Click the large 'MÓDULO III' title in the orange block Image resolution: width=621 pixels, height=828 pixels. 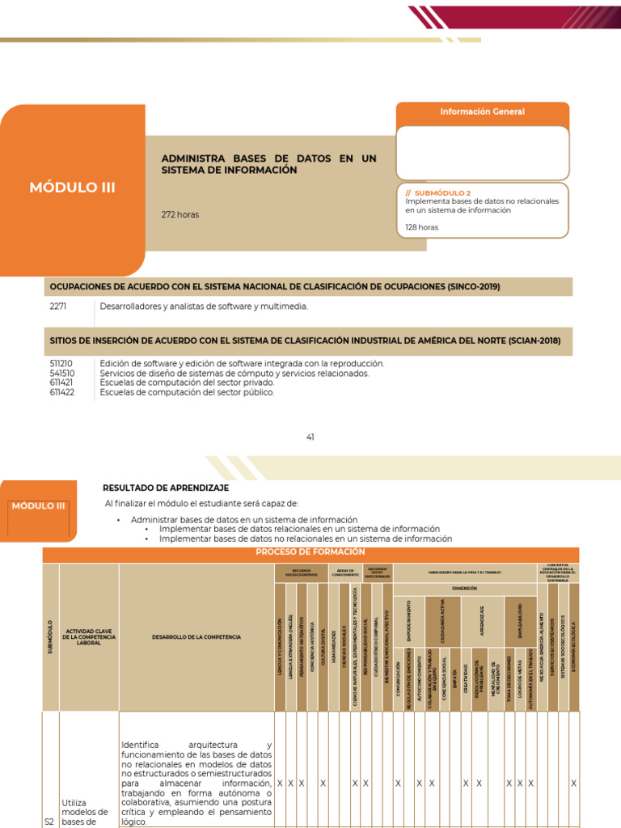(72, 188)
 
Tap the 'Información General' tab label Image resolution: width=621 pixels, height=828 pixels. (482, 112)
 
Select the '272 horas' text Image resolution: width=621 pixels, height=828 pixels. (180, 214)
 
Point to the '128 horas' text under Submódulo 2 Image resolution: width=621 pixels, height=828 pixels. (422, 227)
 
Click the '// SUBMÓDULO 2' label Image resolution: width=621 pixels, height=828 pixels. (437, 193)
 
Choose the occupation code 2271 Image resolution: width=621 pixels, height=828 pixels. (58, 306)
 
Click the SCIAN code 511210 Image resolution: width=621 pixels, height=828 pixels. (61, 364)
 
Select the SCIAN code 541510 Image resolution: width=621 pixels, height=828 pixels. (61, 374)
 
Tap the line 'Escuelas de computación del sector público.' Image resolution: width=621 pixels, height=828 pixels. (187, 392)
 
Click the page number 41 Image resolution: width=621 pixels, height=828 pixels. (310, 437)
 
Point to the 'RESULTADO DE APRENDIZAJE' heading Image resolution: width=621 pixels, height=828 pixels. (166, 488)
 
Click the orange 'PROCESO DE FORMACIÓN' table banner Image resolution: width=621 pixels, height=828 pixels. (310, 551)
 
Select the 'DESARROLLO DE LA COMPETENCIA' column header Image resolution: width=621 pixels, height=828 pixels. (196, 637)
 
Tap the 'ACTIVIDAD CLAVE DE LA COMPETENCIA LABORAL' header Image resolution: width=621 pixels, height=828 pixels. (89, 637)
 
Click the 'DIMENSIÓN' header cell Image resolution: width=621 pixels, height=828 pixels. (464, 589)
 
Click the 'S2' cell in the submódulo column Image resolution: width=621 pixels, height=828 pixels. (49, 822)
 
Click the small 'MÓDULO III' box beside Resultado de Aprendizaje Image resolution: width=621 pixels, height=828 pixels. (38, 506)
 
